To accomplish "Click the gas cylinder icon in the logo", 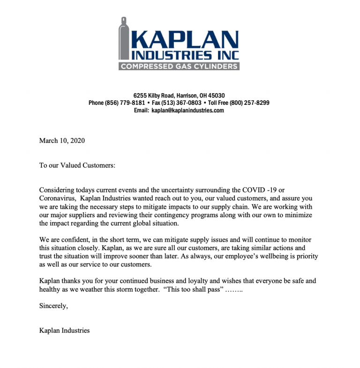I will pos(124,44).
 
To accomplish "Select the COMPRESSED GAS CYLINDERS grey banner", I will pos(179,66).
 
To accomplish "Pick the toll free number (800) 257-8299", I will pos(249,103).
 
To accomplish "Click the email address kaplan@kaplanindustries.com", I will pos(187,110).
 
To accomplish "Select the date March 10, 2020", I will pos(62,140).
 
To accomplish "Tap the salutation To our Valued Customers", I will pos(77,165).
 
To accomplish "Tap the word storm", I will pos(123,290).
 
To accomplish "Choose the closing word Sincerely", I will pos(53,306).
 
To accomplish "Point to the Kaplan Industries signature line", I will pos(65,331).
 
